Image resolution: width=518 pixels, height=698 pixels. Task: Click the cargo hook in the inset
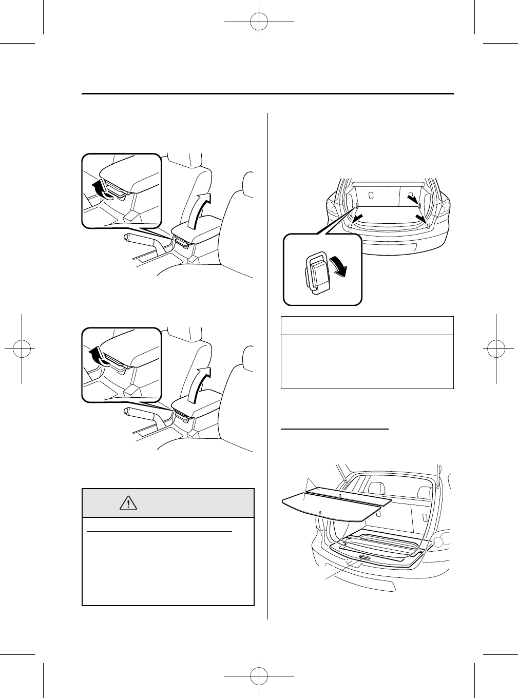(316, 274)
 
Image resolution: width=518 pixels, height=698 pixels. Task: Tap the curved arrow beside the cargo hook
(340, 266)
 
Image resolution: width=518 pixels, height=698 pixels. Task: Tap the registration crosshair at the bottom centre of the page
(259, 676)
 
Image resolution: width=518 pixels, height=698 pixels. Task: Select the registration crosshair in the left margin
(22, 348)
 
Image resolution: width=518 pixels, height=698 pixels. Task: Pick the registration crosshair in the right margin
(496, 348)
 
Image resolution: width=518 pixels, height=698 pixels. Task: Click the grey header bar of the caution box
(168, 503)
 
